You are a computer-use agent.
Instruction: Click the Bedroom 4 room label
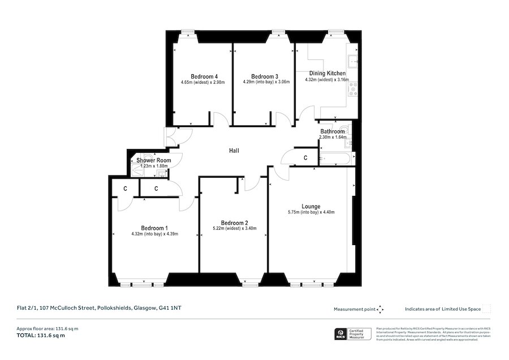204,77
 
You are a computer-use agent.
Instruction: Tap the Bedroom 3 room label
265,77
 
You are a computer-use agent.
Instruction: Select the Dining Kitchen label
327,74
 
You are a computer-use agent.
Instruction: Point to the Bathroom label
333,131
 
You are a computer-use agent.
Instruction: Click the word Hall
234,151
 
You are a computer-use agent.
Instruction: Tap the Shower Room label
154,161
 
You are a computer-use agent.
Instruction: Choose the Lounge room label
311,206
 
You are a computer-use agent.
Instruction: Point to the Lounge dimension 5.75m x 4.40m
311,213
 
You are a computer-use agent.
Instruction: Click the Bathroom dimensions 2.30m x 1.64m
332,138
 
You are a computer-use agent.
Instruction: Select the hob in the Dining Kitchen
354,88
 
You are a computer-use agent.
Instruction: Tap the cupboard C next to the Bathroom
305,157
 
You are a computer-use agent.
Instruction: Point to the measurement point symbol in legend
381,309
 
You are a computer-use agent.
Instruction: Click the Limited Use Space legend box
486,309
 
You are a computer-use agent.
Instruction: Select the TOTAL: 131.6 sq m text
41,336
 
